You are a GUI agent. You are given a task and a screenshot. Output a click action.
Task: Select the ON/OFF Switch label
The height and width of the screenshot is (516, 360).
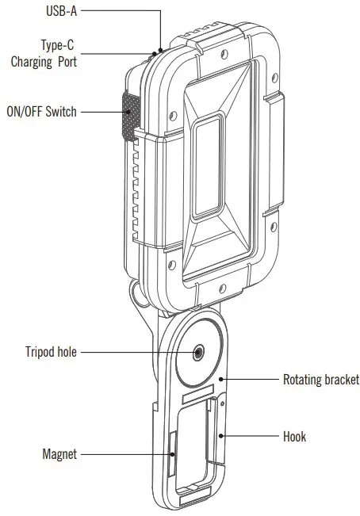pos(41,112)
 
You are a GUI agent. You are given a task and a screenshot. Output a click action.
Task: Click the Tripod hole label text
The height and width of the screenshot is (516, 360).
pos(50,352)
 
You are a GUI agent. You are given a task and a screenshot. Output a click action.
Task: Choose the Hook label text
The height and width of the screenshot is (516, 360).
pos(294,436)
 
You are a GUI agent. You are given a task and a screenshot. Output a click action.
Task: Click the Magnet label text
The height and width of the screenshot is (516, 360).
pos(59,454)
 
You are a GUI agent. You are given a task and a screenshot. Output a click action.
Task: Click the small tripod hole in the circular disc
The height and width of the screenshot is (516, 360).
pos(195,352)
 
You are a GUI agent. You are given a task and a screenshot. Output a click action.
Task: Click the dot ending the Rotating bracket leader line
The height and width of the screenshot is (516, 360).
pos(224,379)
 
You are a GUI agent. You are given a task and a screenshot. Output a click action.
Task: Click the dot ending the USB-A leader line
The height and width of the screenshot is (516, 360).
pos(161,49)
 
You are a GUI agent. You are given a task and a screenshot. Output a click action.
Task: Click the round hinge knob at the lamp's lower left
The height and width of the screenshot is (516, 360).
pos(136,295)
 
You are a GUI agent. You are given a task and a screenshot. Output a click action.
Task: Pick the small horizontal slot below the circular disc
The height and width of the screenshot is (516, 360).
pos(196,393)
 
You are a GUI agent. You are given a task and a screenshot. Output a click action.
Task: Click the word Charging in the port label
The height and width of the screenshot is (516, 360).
pos(37,61)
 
